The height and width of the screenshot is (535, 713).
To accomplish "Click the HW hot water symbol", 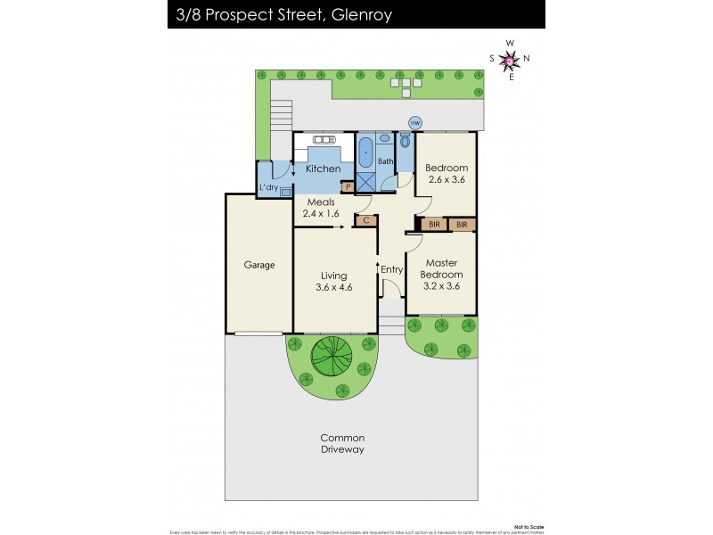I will tap(414, 122).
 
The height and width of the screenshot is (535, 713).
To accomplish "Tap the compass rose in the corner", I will tap(510, 60).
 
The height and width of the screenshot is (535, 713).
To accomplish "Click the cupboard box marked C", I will tap(365, 219).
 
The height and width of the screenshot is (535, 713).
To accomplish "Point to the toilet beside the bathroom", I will tap(406, 142).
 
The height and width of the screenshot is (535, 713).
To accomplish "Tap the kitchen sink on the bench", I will tap(323, 140).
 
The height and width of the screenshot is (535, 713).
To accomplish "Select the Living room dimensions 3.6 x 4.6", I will tap(334, 288).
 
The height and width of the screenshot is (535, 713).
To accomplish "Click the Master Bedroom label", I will tap(441, 268).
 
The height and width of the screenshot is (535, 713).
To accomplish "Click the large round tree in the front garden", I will tap(330, 358).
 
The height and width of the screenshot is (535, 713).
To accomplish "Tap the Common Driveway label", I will tap(343, 443).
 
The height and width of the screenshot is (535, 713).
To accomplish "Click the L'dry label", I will tap(268, 188).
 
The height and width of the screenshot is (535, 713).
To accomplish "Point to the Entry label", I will tap(391, 270).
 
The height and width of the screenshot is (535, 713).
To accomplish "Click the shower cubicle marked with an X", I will tap(365, 182).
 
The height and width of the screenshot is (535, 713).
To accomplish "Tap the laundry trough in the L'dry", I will tap(285, 191).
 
